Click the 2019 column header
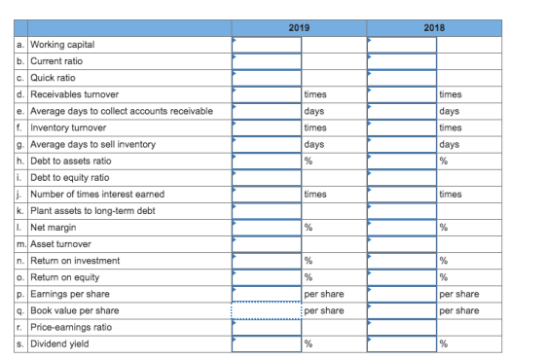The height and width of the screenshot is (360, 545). (299, 28)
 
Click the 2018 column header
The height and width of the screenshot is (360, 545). (434, 28)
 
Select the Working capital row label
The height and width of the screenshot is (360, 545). (62, 45)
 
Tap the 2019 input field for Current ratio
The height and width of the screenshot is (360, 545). (267, 61)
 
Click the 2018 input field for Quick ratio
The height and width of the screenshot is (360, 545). (402, 78)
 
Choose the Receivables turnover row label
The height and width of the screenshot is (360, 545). (75, 94)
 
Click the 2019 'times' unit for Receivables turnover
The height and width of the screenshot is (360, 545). (315, 94)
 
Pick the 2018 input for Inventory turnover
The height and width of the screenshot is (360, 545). (402, 127)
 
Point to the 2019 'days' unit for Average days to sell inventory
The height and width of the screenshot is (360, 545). (314, 144)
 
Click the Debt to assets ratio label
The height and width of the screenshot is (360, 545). (71, 161)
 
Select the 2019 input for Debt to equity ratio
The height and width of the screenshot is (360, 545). (267, 177)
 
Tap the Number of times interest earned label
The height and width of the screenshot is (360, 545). (97, 194)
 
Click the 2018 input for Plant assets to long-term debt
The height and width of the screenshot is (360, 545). (402, 211)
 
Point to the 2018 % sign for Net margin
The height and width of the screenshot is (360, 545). (444, 228)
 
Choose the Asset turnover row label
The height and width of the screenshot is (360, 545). (60, 244)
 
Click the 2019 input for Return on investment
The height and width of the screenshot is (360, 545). (267, 261)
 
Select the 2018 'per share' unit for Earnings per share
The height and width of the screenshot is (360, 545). (459, 294)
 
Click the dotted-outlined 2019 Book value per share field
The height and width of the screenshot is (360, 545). (267, 310)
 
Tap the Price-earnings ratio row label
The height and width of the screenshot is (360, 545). (71, 327)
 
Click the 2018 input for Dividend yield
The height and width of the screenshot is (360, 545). (402, 343)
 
